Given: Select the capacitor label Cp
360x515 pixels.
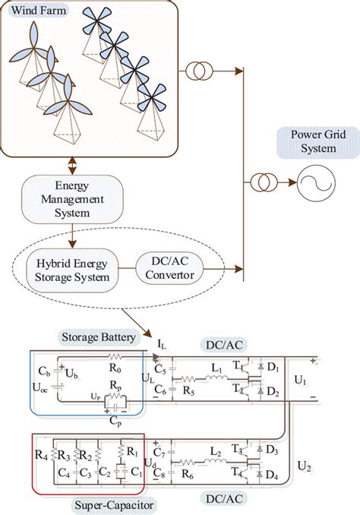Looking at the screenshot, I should click(114, 418).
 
